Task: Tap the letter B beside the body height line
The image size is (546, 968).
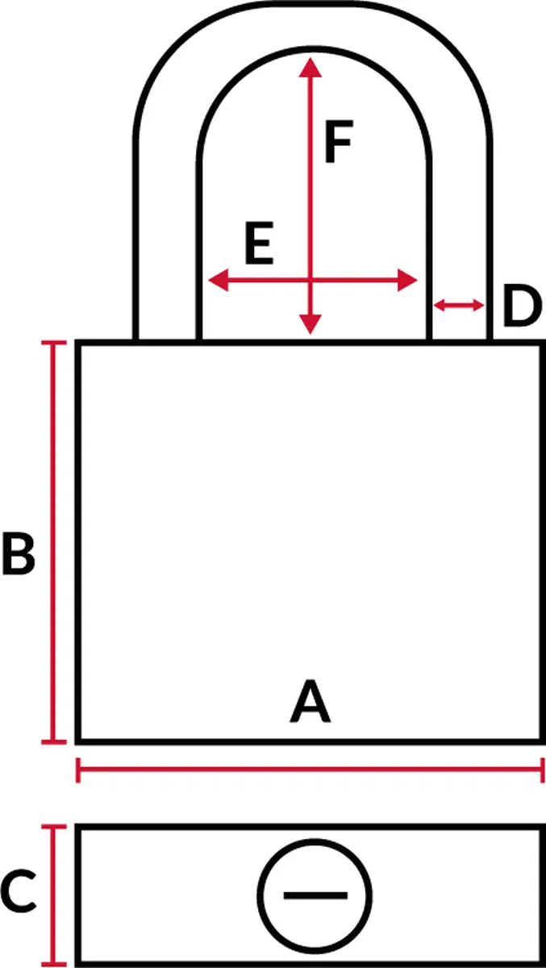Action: (x=19, y=554)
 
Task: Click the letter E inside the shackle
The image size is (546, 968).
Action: (x=259, y=243)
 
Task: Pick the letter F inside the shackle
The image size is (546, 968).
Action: (x=339, y=142)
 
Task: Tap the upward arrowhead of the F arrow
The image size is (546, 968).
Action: (x=311, y=67)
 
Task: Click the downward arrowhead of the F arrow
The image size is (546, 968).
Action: (x=311, y=324)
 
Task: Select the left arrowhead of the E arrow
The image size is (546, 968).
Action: (x=218, y=280)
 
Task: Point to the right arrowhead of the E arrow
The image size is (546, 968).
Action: (x=407, y=280)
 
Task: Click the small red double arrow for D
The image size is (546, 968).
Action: (x=459, y=306)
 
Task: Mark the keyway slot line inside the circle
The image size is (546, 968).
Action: (x=315, y=895)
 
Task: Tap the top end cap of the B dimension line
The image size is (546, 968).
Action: (x=54, y=343)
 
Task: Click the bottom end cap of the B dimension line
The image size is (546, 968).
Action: (x=54, y=742)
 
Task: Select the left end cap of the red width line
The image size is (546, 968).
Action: (x=77, y=770)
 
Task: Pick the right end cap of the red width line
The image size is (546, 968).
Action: (x=543, y=770)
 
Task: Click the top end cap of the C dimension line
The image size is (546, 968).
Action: (x=54, y=827)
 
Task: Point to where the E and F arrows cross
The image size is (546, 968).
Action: (x=311, y=280)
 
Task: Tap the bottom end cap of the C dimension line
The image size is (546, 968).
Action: (x=54, y=964)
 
